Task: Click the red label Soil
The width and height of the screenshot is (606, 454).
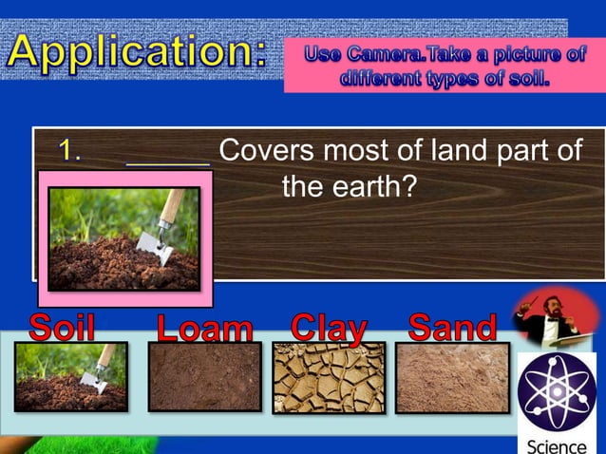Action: [x=63, y=328]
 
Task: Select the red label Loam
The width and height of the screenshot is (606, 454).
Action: [x=205, y=329]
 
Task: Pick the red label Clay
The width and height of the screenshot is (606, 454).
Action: [x=329, y=328]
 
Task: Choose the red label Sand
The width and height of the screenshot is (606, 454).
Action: [x=452, y=328]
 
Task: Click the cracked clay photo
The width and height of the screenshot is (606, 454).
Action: [x=329, y=377]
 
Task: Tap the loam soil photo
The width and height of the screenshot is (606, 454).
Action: [x=204, y=377]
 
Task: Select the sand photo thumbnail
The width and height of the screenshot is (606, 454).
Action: [x=452, y=377]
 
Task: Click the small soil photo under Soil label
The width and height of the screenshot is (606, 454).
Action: [x=70, y=377]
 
